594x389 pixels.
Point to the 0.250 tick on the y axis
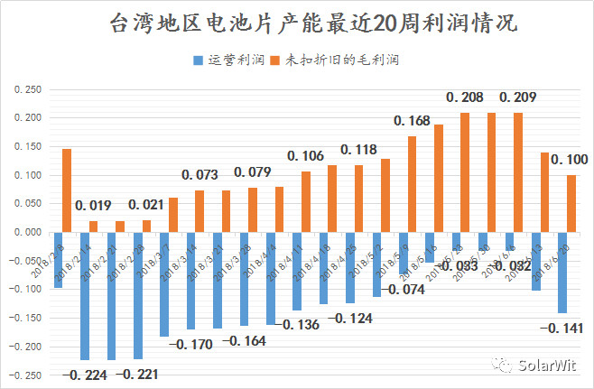point(30,90)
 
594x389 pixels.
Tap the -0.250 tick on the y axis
point(28,375)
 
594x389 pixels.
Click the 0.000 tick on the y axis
point(30,233)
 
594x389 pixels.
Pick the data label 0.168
point(412,121)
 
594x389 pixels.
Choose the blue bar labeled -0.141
point(562,273)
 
